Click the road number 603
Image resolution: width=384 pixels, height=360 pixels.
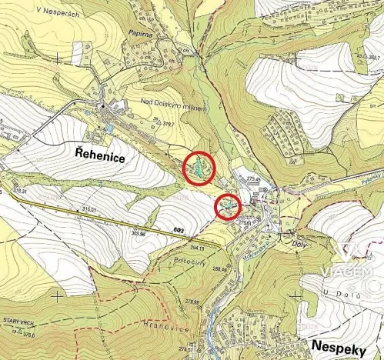[179, 231]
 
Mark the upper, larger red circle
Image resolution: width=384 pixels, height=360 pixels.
[199, 168]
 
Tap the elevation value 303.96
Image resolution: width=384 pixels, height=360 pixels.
[139, 232]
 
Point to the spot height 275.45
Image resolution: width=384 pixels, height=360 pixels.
[255, 179]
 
